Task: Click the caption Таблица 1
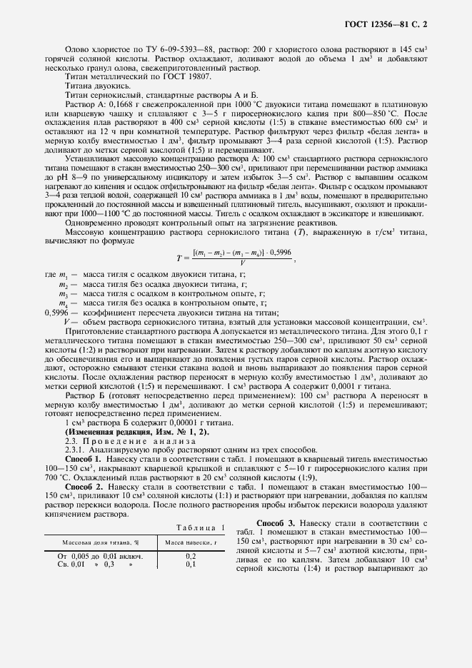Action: click(199, 527)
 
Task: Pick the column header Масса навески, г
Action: click(191, 542)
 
